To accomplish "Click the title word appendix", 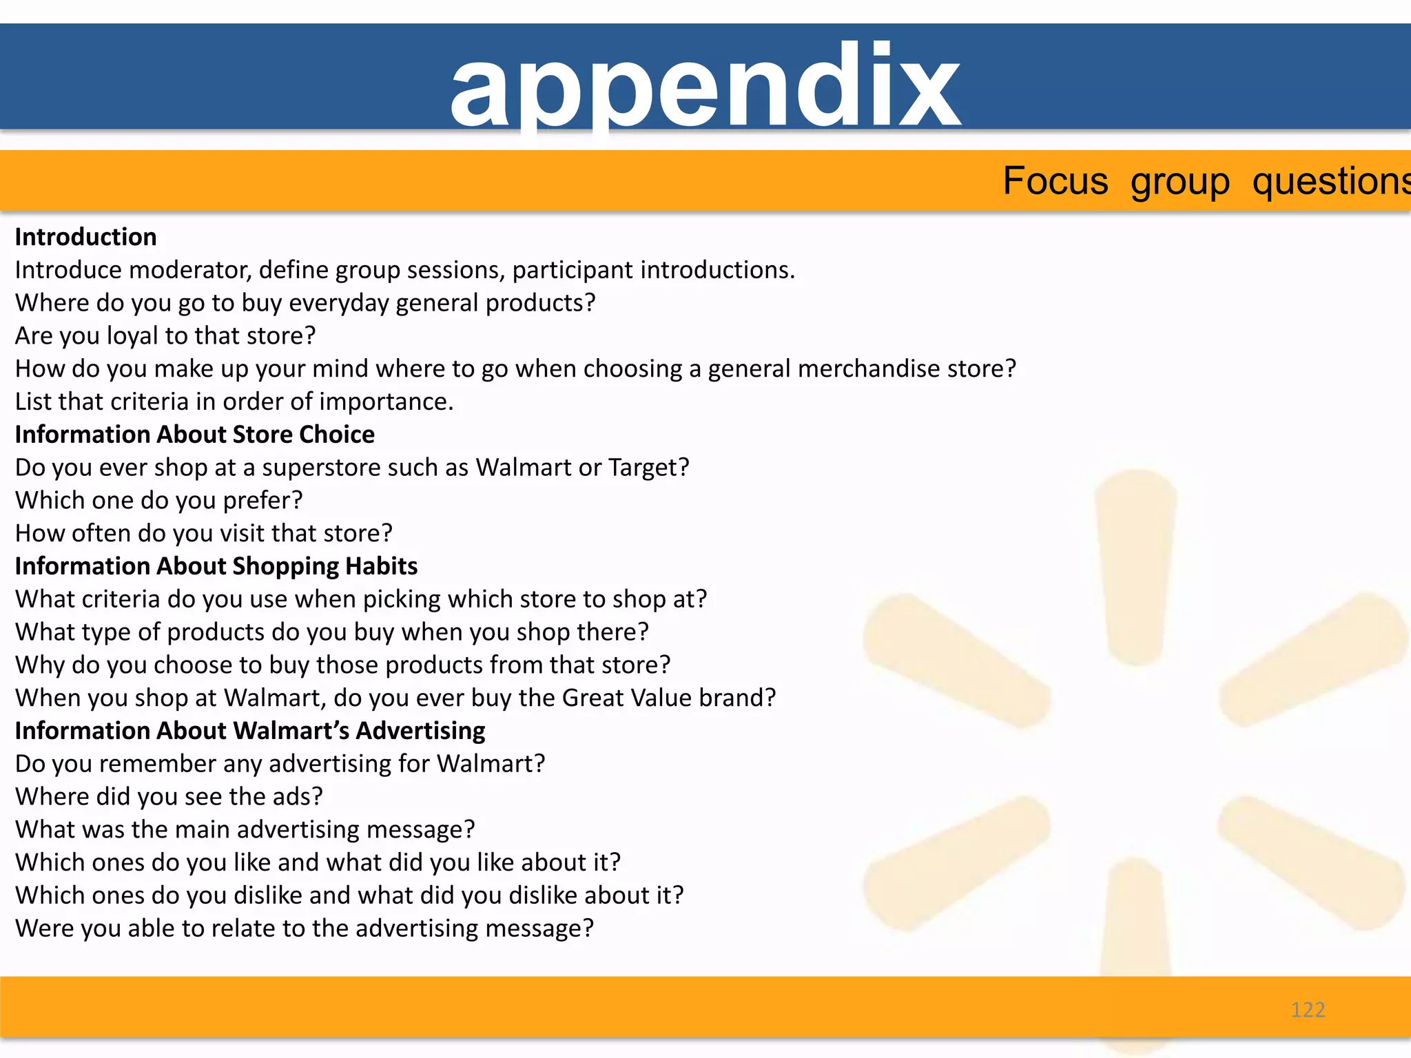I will [x=705, y=86].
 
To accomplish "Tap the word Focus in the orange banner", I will [x=1055, y=181].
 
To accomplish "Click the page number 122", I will [x=1308, y=1010].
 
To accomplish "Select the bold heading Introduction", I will [x=86, y=237].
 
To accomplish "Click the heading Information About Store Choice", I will [x=195, y=435].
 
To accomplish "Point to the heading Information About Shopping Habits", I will [x=216, y=566].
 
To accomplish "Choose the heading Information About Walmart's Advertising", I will [x=250, y=731].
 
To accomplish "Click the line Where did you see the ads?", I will [x=169, y=797].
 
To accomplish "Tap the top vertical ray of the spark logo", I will [x=1135, y=565].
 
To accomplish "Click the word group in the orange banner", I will [x=1180, y=181].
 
